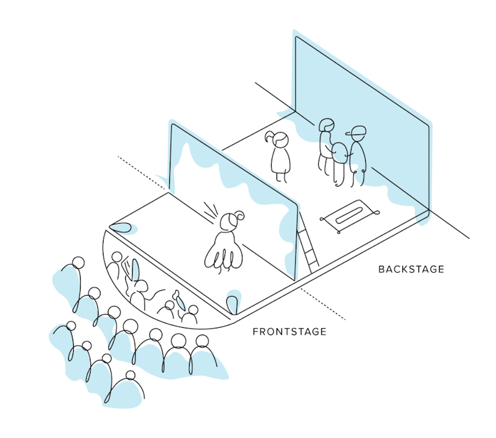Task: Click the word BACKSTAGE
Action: pos(411,269)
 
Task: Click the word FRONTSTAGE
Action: pos(290,332)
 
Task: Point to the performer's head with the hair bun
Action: pos(231,221)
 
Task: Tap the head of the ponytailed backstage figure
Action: pos(279,140)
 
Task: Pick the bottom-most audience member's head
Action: pos(130,376)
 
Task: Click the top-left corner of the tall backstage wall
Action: pos(296,38)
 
